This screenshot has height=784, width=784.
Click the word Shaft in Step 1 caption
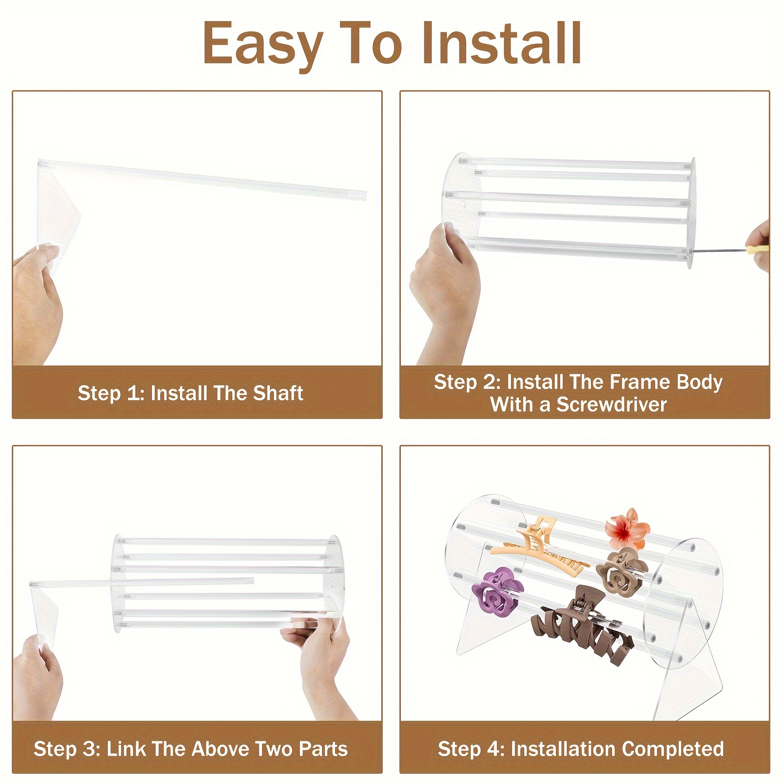(x=278, y=393)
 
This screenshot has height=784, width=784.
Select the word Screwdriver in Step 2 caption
(x=611, y=405)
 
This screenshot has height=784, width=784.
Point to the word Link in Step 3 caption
(x=126, y=749)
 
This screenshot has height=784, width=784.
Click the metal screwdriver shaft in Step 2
(x=718, y=252)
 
